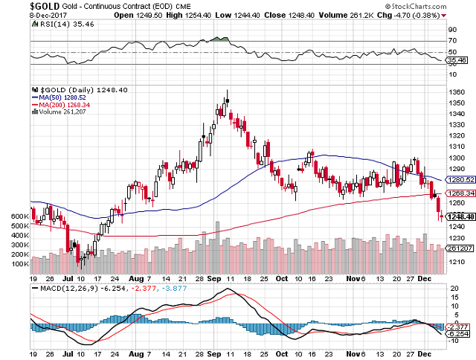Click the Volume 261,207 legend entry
(x=59, y=112)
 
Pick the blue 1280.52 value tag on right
(x=460, y=180)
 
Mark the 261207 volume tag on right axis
(x=460, y=248)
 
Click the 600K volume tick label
(x=19, y=216)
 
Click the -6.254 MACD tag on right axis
(x=458, y=333)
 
